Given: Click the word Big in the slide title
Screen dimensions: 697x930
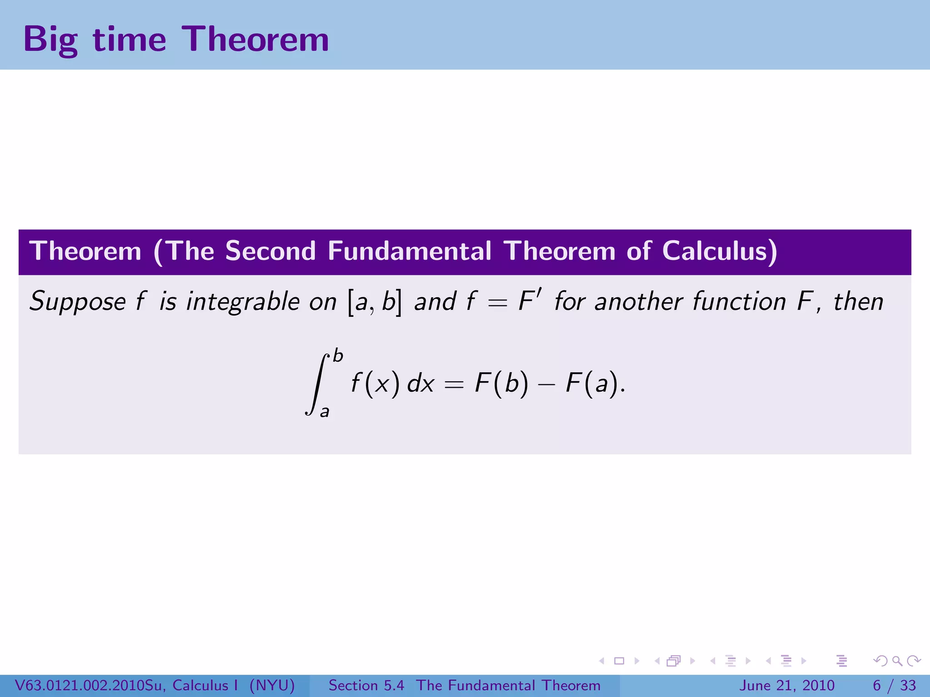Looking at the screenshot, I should (50, 39).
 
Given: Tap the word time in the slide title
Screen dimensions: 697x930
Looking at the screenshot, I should (129, 39).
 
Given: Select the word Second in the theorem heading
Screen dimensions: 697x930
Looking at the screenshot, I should (270, 251).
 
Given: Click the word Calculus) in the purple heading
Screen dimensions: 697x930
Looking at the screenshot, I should (719, 251).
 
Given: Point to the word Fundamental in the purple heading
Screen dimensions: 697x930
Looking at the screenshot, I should (409, 251).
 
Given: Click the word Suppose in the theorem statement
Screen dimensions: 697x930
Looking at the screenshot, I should (78, 302).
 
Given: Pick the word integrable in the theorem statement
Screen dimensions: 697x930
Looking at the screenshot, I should (243, 302).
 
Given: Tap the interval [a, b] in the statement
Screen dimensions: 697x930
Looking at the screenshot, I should (375, 302).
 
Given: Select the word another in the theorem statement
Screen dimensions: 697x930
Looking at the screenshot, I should (638, 302).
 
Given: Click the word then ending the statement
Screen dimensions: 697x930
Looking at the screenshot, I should (858, 302).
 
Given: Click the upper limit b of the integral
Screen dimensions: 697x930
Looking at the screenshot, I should (338, 355).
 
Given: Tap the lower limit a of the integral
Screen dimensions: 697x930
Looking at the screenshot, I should (324, 412).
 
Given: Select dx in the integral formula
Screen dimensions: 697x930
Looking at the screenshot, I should (420, 383).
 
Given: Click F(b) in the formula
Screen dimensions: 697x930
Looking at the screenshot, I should (501, 383).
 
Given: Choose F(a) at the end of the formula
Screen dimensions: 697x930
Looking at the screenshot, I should (592, 383).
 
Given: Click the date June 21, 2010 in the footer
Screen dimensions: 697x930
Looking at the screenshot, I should (787, 685).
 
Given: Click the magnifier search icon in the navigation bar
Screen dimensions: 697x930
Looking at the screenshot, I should (897, 661).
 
